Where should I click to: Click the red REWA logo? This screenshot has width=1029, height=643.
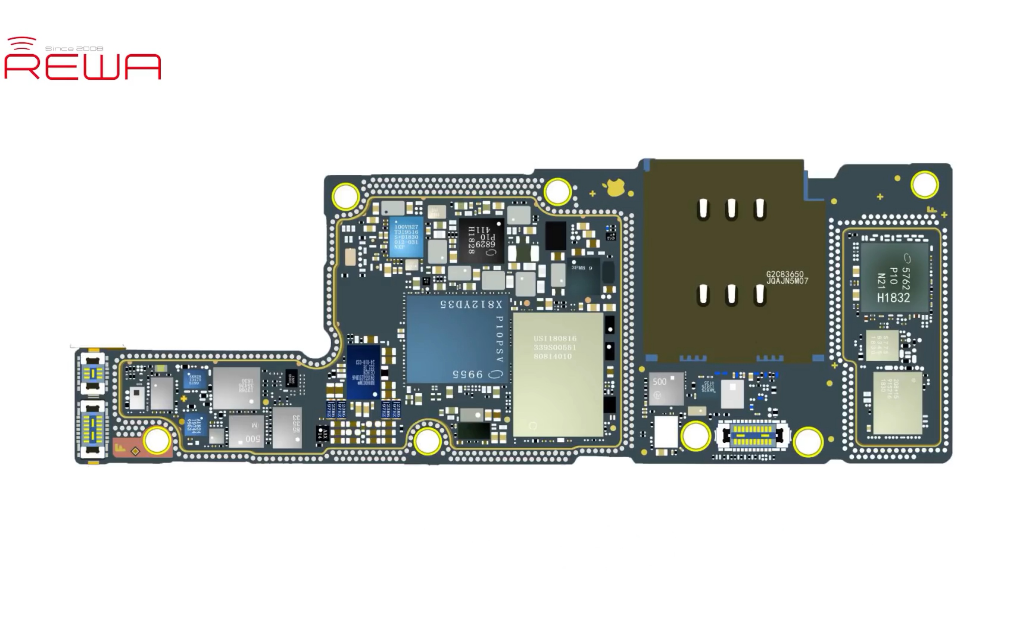pos(83,66)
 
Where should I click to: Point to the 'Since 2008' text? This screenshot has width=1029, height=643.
pos(74,48)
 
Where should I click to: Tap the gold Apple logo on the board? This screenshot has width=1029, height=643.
pos(615,188)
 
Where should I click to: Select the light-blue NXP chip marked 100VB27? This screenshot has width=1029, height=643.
pos(406,237)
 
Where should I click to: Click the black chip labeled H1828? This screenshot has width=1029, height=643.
pos(481,241)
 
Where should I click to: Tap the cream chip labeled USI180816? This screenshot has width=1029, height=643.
pos(557,374)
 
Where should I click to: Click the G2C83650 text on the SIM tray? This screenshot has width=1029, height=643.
pos(787,277)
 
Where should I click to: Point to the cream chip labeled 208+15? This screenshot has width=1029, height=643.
pos(897,402)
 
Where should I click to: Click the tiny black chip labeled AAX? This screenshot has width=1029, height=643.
pos(323,434)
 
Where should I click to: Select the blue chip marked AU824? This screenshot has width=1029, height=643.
pos(196,424)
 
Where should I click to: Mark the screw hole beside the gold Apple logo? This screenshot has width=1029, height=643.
pos(557,192)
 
